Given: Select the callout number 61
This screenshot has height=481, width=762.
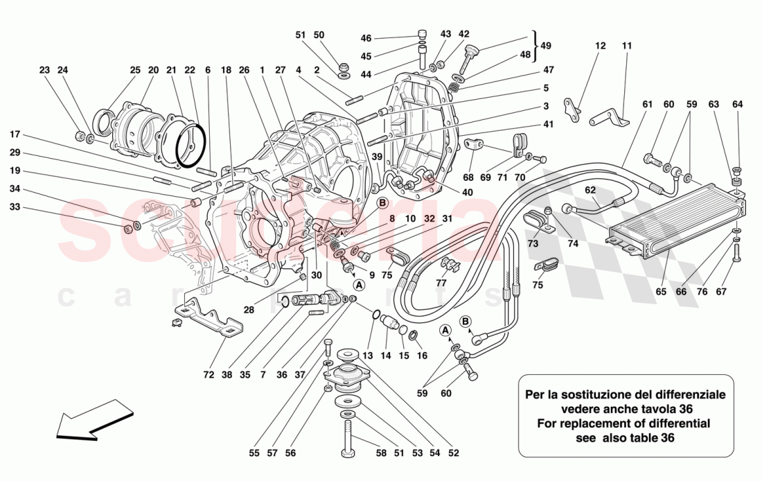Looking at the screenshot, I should tap(648, 105).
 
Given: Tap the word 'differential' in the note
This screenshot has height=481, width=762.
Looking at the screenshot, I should tap(679, 423).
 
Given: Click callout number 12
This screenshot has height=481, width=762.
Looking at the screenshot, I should tap(600, 46).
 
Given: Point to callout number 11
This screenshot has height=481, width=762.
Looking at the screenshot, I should tap(627, 46).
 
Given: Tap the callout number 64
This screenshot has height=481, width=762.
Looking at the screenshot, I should tap(737, 105).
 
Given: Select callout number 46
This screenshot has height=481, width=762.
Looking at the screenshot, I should tap(366, 38).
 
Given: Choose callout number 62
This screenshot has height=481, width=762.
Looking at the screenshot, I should tap(590, 190).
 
